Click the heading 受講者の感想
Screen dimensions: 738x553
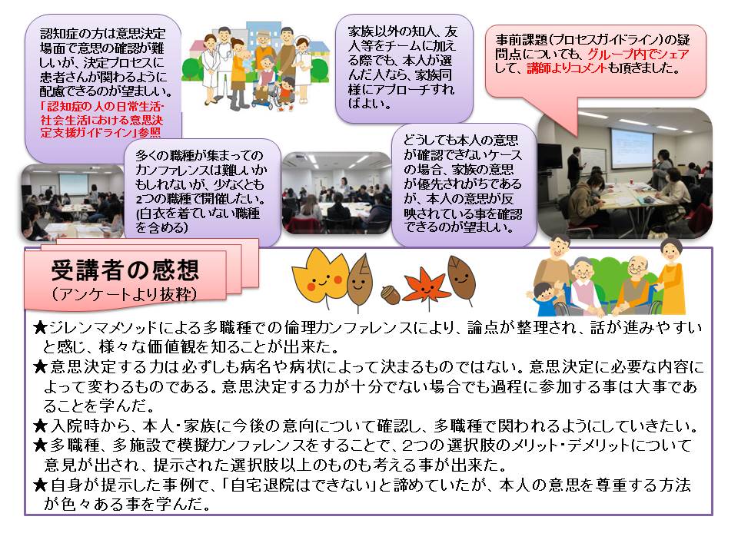pyautogui.click(x=125, y=270)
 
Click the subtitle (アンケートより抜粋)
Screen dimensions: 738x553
pyautogui.click(x=125, y=294)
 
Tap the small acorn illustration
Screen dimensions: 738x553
pyautogui.click(x=391, y=295)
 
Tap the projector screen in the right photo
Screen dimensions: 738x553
pyautogui.click(x=631, y=146)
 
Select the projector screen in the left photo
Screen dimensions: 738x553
pyautogui.click(x=73, y=184)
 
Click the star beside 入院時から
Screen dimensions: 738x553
pyautogui.click(x=41, y=426)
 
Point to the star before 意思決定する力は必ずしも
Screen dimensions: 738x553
pyautogui.click(x=41, y=366)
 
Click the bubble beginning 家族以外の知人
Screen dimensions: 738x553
pyautogui.click(x=404, y=68)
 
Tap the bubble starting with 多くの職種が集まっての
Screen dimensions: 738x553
pyautogui.click(x=202, y=192)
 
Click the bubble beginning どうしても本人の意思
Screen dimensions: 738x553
pyautogui.click(x=464, y=185)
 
